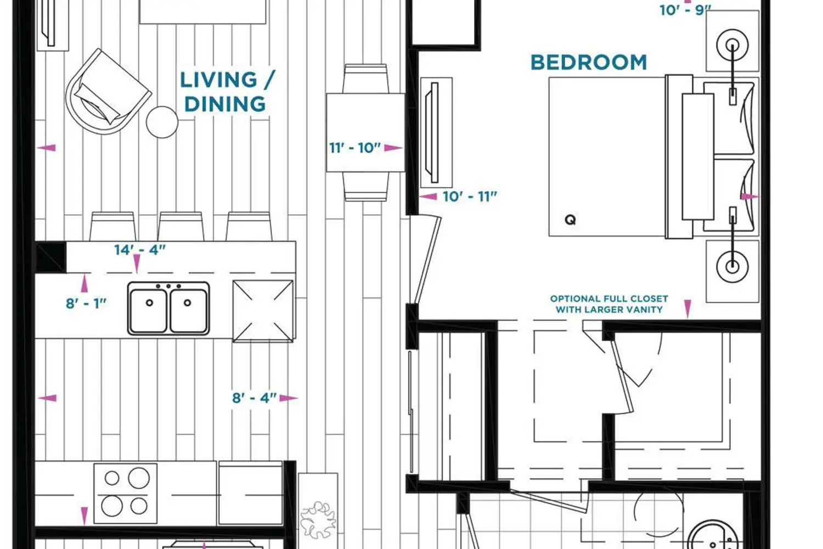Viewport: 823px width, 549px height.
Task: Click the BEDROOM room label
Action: point(589,63)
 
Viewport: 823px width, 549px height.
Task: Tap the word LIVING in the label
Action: point(218,80)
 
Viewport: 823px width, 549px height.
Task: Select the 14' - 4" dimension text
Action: point(140,250)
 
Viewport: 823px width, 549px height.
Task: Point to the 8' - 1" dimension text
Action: point(86,304)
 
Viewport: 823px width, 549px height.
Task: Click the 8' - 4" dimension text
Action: point(254,398)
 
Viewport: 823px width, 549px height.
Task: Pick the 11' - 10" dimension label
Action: point(355,148)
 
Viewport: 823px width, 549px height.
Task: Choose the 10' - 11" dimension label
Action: point(470,197)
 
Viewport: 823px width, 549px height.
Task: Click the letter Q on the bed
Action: point(570,220)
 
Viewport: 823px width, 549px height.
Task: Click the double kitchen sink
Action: point(168,309)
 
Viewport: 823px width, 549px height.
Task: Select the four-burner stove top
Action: point(126,493)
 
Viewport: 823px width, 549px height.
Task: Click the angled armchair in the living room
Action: point(109,92)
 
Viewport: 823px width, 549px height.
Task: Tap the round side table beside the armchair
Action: point(162,122)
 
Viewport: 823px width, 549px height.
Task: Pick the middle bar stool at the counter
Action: point(181,226)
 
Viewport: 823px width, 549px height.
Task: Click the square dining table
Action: point(365,132)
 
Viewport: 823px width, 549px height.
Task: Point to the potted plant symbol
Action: point(318,520)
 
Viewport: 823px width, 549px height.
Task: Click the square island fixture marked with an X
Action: point(263,311)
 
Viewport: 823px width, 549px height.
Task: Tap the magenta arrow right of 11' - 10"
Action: point(393,148)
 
